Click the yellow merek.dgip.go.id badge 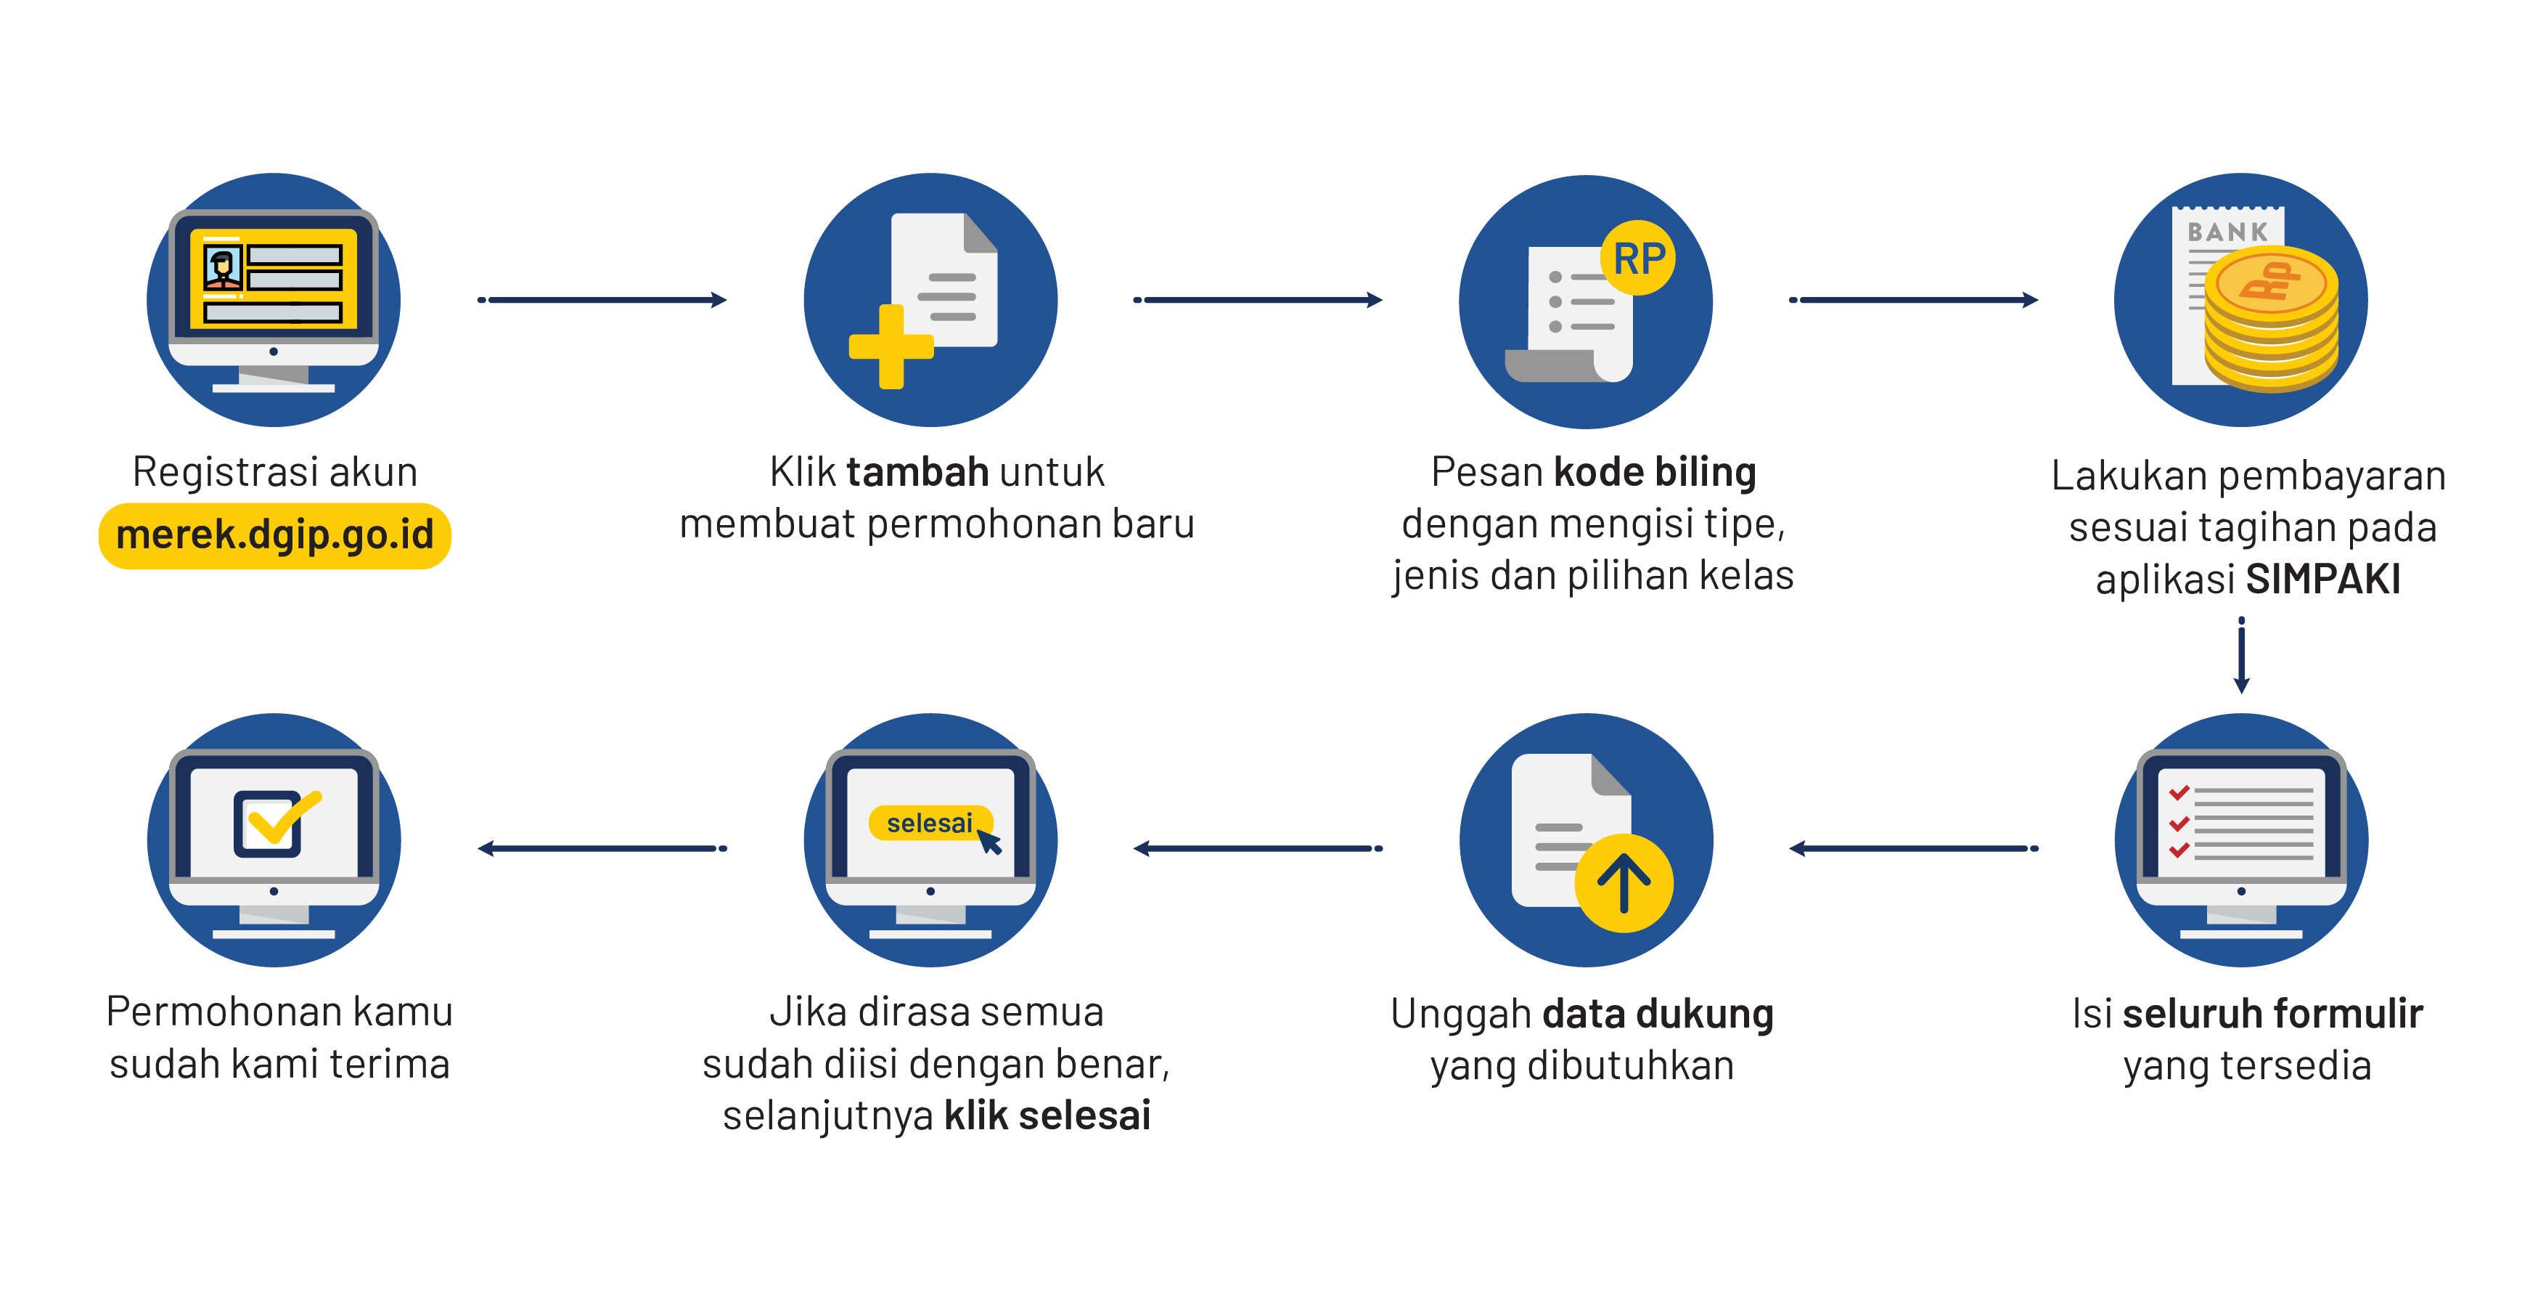(275, 536)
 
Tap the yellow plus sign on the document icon (891, 346)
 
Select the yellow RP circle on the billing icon (1639, 258)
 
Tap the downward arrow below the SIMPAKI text (2242, 656)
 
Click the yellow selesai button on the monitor (930, 823)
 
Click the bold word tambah (917, 471)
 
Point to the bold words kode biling (1655, 473)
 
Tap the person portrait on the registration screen (222, 267)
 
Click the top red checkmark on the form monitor (2179, 792)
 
